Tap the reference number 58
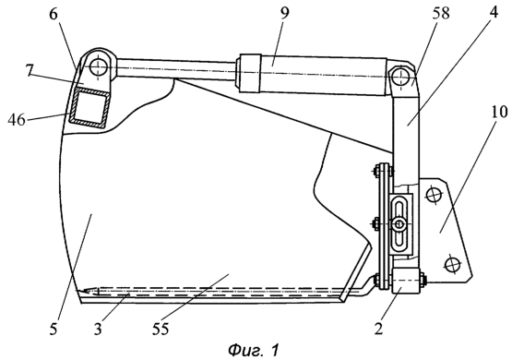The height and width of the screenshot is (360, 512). (x=440, y=14)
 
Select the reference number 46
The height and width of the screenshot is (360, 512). (x=17, y=120)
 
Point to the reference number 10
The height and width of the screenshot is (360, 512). (x=498, y=112)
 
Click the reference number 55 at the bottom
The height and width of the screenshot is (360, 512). (x=161, y=329)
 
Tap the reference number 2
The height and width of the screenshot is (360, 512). (x=378, y=329)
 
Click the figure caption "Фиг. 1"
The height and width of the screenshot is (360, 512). (x=254, y=350)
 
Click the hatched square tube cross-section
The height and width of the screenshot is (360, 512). (x=89, y=107)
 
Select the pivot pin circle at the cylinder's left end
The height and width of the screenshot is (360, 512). (x=99, y=67)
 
